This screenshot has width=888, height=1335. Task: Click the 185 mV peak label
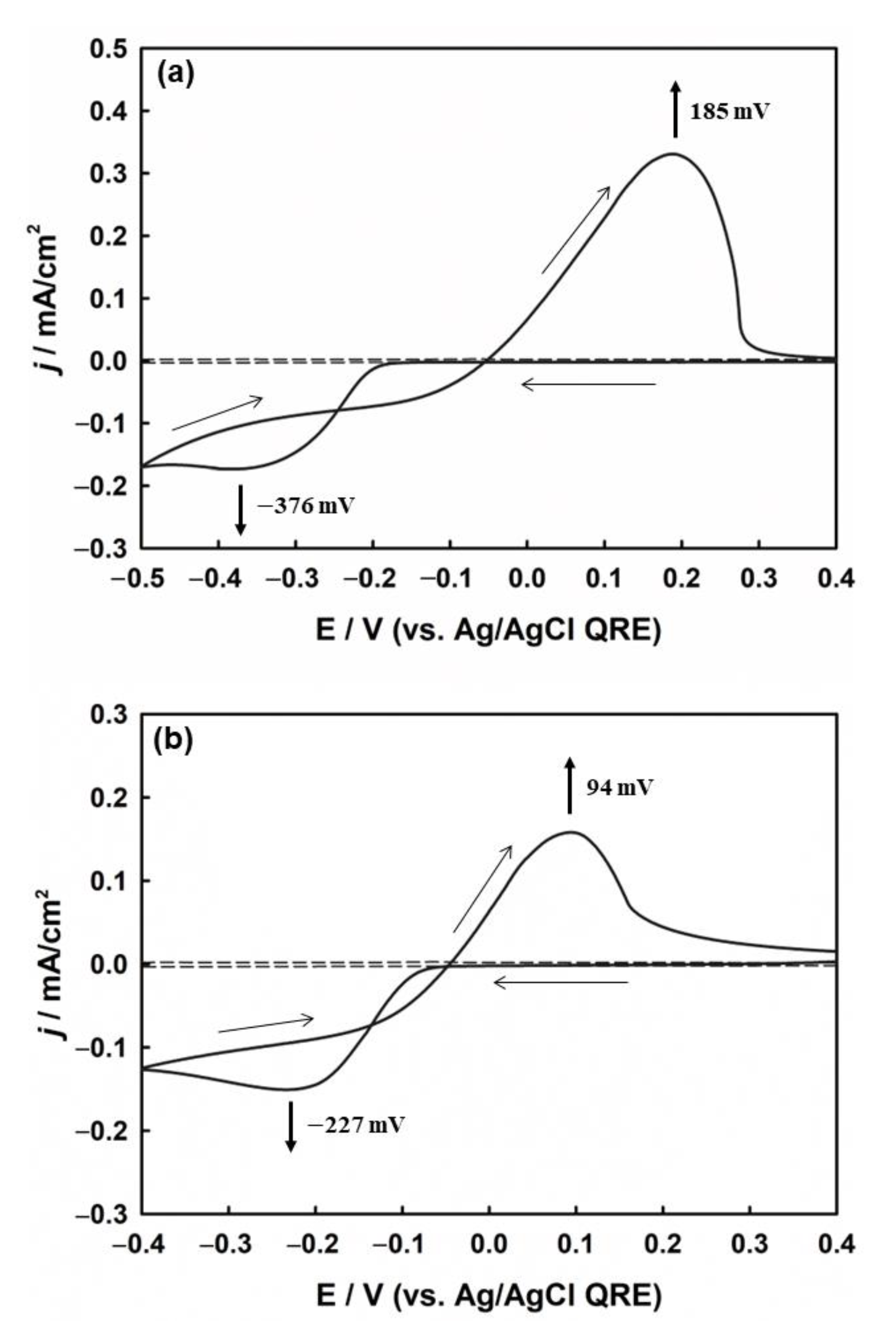(x=729, y=112)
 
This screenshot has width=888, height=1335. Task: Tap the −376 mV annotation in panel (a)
(x=306, y=505)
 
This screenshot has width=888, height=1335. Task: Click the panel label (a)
(x=175, y=74)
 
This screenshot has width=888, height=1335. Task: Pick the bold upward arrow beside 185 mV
(x=674, y=109)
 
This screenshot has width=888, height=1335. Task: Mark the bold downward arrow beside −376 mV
(x=240, y=509)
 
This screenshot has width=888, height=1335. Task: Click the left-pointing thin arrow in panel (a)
(x=589, y=385)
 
